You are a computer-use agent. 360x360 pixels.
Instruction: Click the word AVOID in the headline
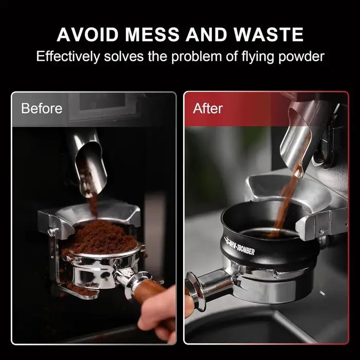tap(87, 34)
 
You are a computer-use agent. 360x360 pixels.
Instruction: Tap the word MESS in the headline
tap(152, 34)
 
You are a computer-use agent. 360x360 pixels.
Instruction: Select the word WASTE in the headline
tap(268, 34)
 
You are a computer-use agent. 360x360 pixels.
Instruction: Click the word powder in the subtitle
tap(301, 57)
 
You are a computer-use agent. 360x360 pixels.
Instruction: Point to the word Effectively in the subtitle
tap(68, 56)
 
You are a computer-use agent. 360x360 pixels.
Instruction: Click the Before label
tap(42, 108)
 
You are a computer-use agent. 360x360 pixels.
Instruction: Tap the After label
tap(208, 108)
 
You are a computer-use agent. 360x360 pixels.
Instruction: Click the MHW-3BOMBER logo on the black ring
tap(239, 246)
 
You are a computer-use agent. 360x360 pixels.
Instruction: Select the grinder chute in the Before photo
tap(91, 164)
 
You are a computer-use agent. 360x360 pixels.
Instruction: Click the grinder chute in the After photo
tap(298, 142)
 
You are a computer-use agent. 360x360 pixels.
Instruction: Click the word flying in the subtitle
tap(258, 57)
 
